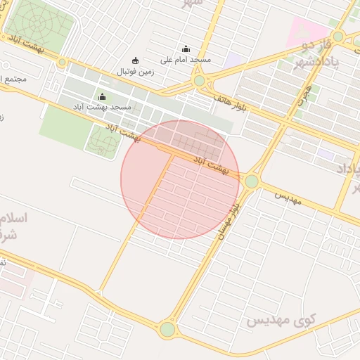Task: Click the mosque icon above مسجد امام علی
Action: (186, 49)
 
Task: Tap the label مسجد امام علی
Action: (186, 60)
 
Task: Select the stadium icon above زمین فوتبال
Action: (136, 60)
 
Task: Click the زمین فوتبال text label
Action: (134, 72)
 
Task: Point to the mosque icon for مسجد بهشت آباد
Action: (103, 96)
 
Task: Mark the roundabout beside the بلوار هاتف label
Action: (200, 81)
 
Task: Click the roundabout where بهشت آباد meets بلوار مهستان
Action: (252, 181)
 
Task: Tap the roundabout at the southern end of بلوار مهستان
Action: (167, 328)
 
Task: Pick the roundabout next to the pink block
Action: (338, 36)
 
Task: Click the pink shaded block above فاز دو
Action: (307, 30)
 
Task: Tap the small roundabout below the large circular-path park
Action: (62, 62)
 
